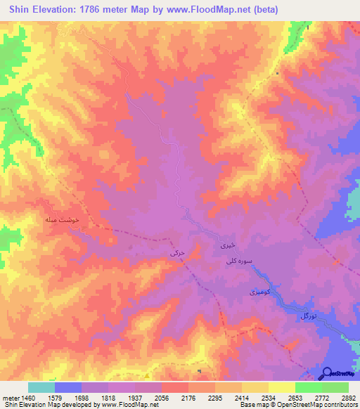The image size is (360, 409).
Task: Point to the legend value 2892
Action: pyautogui.click(x=348, y=397)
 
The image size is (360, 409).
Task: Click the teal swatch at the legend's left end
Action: pyautogui.click(x=41, y=387)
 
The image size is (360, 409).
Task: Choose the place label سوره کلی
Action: pyautogui.click(x=238, y=261)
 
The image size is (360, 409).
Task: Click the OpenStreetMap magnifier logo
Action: pyautogui.click(x=327, y=374)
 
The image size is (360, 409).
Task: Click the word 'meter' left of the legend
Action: pyautogui.click(x=10, y=397)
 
